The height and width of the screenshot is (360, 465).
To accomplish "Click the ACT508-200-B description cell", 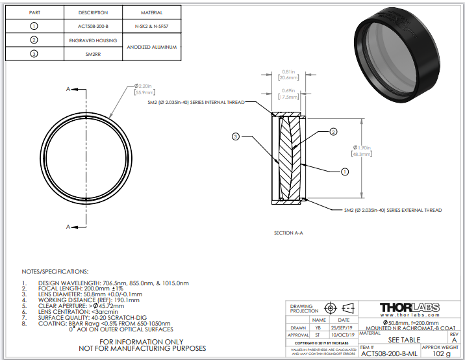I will point(93,26).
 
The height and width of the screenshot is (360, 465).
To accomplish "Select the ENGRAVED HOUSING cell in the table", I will point(93,40).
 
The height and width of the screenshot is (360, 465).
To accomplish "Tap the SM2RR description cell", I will point(93,55).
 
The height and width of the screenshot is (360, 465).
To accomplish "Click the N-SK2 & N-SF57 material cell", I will point(151,26).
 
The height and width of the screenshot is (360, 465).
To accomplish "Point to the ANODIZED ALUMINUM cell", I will point(151,47).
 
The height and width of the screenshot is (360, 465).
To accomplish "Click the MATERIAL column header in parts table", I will point(151,12).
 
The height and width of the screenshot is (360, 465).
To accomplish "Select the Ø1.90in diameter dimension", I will point(362,150).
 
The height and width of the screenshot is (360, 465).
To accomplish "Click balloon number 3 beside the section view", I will point(236,136).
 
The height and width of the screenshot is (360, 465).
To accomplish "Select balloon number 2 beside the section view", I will point(333,132).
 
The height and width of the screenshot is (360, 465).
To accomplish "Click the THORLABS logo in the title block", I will point(408,307).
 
